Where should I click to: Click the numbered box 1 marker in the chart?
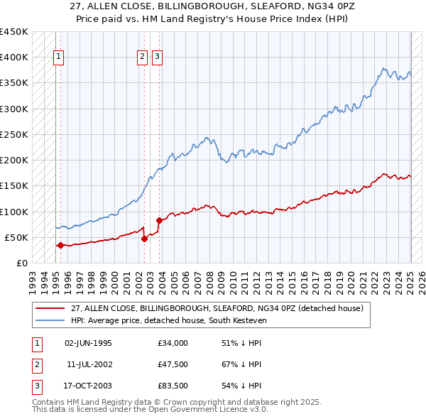58,58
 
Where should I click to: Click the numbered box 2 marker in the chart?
142,58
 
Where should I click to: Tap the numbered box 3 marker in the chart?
157,58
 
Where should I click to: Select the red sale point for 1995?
60,246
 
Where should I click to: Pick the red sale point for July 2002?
144,239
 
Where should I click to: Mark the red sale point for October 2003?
159,220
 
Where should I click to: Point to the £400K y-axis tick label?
14,58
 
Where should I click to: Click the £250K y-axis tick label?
14,134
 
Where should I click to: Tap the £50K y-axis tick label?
17,237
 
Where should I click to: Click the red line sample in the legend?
51,308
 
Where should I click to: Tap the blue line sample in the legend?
51,320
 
